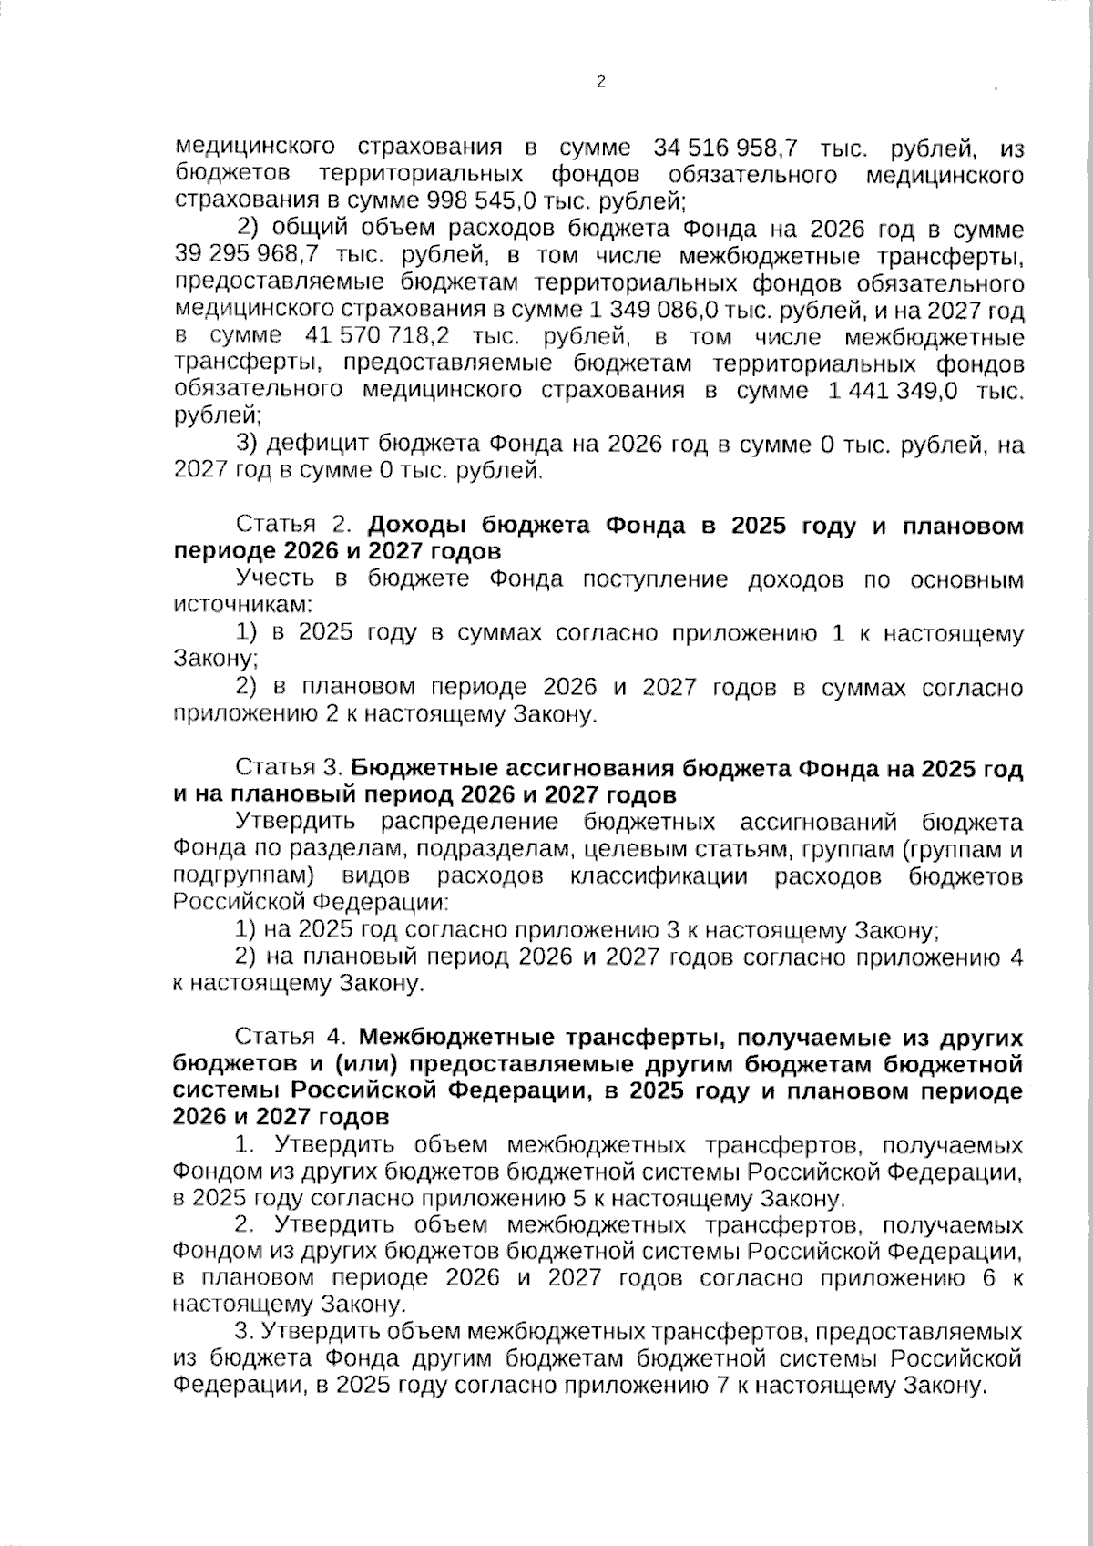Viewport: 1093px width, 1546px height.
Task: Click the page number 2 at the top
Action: (x=600, y=82)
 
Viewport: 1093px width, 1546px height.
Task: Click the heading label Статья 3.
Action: (x=290, y=769)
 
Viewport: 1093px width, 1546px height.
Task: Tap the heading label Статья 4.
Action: (x=293, y=1038)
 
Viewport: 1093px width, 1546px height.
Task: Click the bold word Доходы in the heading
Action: (x=416, y=526)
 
